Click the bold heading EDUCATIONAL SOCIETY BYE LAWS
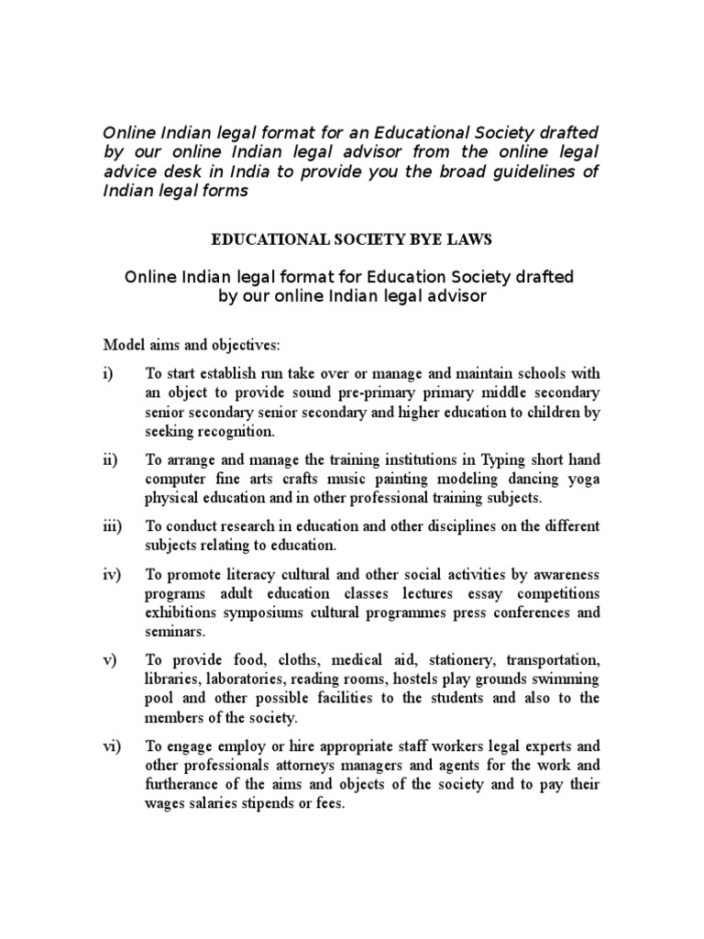(352, 239)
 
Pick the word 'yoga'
(582, 479)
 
